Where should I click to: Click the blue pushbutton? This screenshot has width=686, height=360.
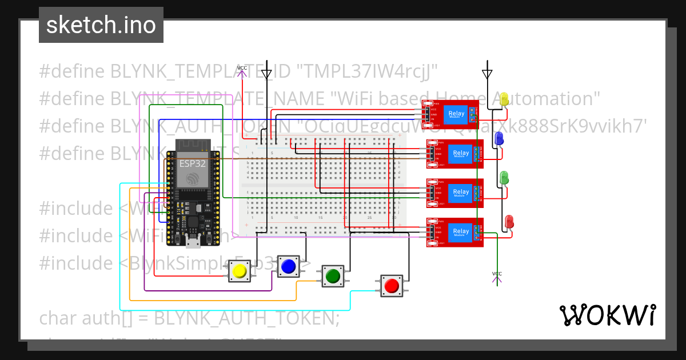point(288,266)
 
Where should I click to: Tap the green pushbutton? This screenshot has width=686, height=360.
point(332,277)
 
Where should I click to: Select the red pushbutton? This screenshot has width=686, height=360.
point(392,286)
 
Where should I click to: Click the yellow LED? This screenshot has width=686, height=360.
point(504,100)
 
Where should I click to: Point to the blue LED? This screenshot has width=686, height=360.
point(498,139)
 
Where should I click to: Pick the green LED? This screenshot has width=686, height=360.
point(504,178)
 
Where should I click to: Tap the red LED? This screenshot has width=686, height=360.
point(509,222)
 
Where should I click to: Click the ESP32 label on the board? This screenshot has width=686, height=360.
point(193,163)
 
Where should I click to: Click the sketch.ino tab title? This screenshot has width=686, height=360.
point(101,25)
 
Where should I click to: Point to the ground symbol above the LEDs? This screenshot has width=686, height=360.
point(487,74)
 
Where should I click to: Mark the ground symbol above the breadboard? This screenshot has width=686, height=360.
point(266,74)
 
